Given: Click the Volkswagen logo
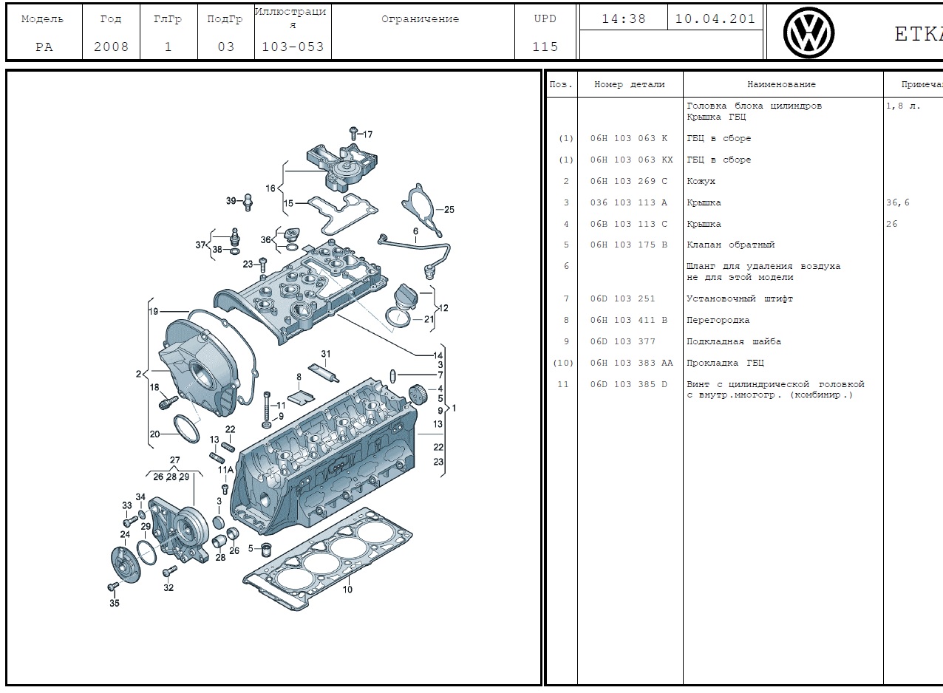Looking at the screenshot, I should pyautogui.click(x=808, y=33).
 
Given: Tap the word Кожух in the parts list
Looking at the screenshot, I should pyautogui.click(x=701, y=181).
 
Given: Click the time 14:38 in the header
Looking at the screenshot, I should pyautogui.click(x=623, y=19).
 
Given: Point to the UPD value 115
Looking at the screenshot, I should pyautogui.click(x=545, y=47).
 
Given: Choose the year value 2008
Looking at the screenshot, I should pyautogui.click(x=111, y=47).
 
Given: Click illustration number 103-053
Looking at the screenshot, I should pyautogui.click(x=293, y=47).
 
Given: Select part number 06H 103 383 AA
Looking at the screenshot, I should pyautogui.click(x=631, y=363).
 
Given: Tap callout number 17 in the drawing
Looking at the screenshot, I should pyautogui.click(x=367, y=134).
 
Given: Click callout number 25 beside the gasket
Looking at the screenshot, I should pyautogui.click(x=449, y=209).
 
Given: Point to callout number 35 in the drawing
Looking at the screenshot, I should pyautogui.click(x=114, y=603).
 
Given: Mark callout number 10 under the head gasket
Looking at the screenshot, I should pyautogui.click(x=347, y=589).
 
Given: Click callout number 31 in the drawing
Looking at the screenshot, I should pyautogui.click(x=325, y=354).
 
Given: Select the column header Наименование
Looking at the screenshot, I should pyautogui.click(x=781, y=84).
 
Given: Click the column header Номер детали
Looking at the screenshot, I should pyautogui.click(x=629, y=84).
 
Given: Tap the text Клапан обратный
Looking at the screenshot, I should pyautogui.click(x=730, y=245).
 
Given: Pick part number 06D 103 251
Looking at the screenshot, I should pyautogui.click(x=622, y=298).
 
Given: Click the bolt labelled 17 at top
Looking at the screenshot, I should pyautogui.click(x=353, y=133).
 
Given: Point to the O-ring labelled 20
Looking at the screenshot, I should pyautogui.click(x=187, y=428).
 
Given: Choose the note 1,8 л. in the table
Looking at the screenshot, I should pyautogui.click(x=903, y=106).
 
